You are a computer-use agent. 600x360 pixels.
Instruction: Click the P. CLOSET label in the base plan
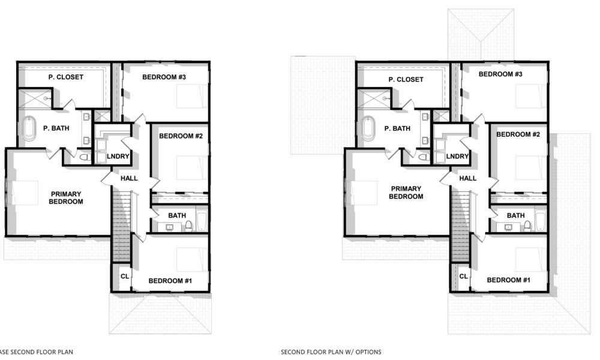pos(66,77)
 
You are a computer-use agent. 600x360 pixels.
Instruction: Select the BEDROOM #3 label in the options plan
pos(500,74)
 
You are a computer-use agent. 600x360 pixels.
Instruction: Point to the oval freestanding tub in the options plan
pos(367,128)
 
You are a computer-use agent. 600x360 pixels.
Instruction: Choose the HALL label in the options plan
pos(467,178)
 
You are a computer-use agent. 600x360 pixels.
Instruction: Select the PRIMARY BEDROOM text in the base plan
pos(66,197)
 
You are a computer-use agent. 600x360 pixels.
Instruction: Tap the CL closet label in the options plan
pos(463,276)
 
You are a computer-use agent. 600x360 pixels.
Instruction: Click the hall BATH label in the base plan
pos(177,215)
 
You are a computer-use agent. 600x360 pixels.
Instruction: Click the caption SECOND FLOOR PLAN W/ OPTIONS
pos(331,352)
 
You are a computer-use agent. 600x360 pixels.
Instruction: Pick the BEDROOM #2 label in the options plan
pos(518,134)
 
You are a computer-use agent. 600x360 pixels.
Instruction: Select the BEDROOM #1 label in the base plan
pos(170,280)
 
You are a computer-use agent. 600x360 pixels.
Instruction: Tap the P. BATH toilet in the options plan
pos(423,157)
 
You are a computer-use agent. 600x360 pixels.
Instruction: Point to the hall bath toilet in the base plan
pos(188,226)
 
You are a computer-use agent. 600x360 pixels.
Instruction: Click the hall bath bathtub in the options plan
pos(540,221)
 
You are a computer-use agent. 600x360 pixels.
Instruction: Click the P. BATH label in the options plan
pos(397,128)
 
